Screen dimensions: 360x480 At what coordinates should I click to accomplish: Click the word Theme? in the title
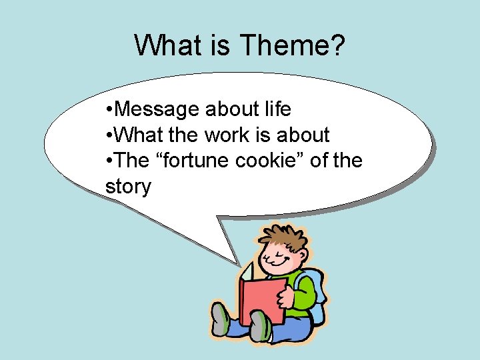[x=291, y=45]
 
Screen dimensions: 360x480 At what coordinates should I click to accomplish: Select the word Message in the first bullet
[x=158, y=109]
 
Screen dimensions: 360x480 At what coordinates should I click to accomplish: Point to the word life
[x=274, y=109]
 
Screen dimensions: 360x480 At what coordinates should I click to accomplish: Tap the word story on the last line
[x=128, y=187]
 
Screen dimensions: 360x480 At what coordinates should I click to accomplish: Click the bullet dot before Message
[x=109, y=109]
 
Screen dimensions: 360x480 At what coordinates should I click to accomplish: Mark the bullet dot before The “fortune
[x=109, y=161]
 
